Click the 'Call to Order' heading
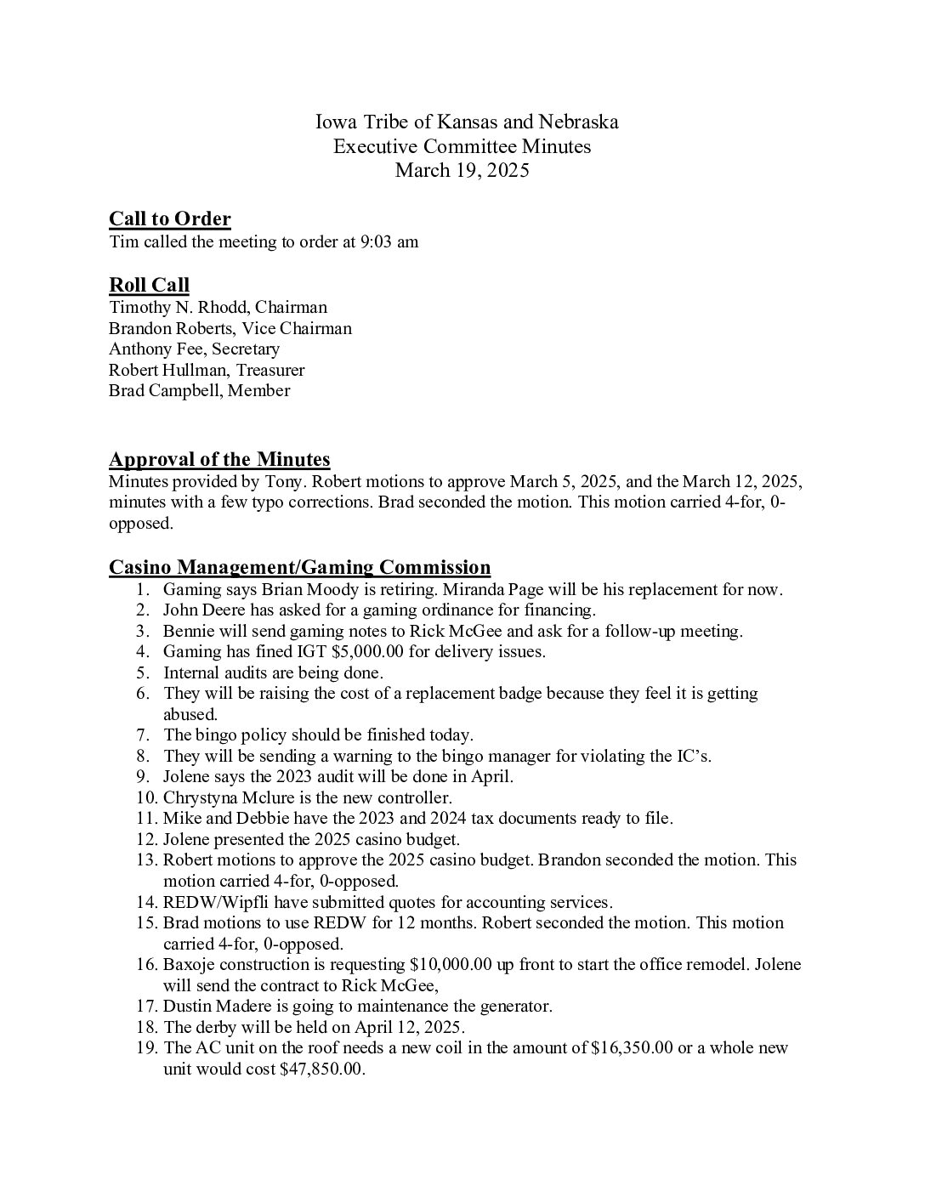click(170, 219)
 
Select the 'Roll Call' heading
click(149, 285)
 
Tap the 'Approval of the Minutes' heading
click(219, 460)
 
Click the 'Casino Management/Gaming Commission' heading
click(299, 567)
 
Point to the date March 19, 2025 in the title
click(462, 170)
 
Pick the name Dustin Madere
click(215, 1006)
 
